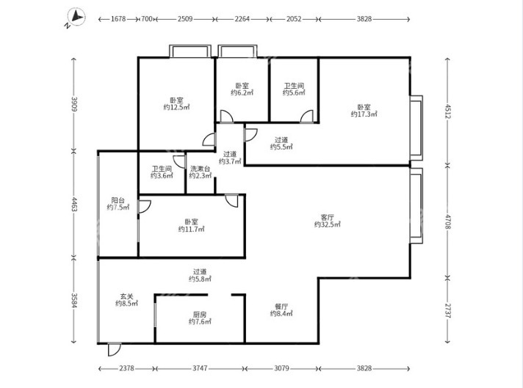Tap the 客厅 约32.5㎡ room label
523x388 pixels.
328,221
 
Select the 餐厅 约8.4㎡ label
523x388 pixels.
281,310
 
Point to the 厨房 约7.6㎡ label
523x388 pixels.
200,317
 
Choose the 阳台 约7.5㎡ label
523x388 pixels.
118,203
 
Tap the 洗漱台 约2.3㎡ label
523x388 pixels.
200,172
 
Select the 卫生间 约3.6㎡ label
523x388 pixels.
162,172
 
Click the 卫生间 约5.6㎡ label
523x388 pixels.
294,89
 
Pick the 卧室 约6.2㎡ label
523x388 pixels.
242,89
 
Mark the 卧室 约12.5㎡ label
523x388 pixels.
176,103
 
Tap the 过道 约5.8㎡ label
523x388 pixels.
200,274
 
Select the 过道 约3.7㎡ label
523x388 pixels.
230,158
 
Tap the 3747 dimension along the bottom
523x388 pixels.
200,369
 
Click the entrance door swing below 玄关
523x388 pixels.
113,351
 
